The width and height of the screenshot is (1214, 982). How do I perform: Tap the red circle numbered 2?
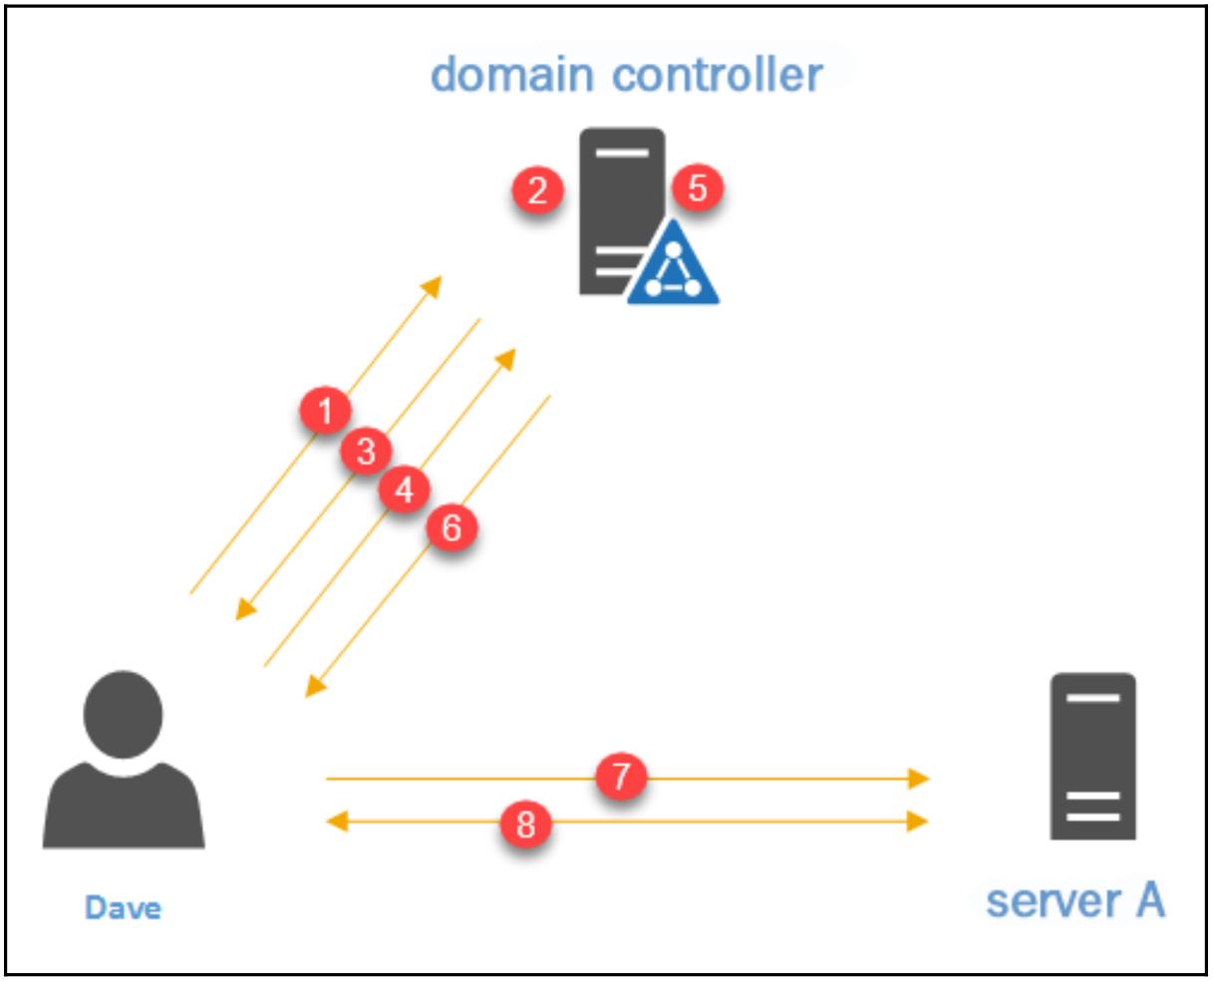(x=538, y=189)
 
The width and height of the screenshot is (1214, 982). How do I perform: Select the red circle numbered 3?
(x=366, y=452)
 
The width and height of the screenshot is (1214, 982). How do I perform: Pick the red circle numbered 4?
(x=404, y=491)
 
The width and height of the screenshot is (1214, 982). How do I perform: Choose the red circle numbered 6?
(x=452, y=527)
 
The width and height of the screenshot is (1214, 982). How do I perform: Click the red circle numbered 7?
(x=622, y=776)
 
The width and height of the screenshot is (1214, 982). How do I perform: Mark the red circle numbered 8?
(x=525, y=823)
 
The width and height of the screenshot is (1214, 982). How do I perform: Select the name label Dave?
(x=123, y=907)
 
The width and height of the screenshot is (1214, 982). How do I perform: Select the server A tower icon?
(x=1092, y=756)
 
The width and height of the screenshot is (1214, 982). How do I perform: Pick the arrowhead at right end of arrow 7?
(x=919, y=778)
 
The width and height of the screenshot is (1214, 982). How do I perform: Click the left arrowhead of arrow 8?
(x=337, y=821)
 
